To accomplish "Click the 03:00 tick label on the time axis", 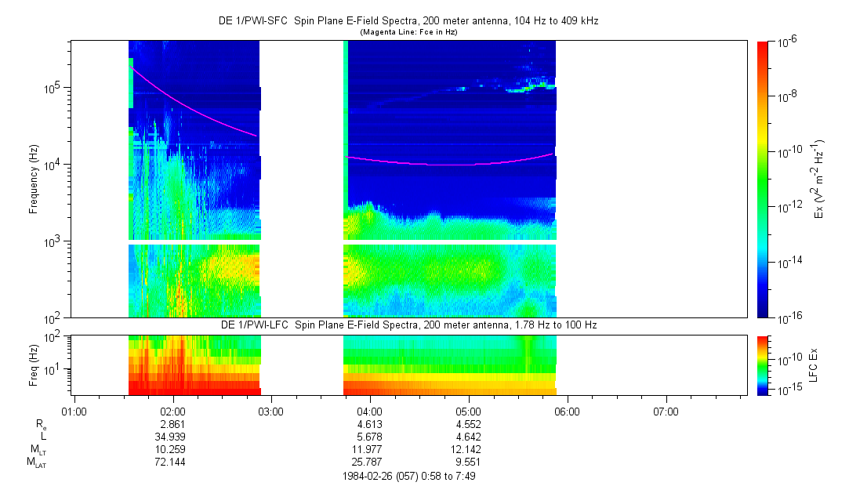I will (270, 411).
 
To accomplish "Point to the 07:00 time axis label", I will (666, 411).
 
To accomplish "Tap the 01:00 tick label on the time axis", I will (73, 411).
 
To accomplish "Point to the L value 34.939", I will (172, 436).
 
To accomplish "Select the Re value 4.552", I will (468, 423).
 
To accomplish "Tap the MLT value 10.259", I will (172, 449).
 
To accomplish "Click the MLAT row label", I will (36, 462).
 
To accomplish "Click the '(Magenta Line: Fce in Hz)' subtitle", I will (408, 32).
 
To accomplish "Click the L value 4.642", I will (468, 436).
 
